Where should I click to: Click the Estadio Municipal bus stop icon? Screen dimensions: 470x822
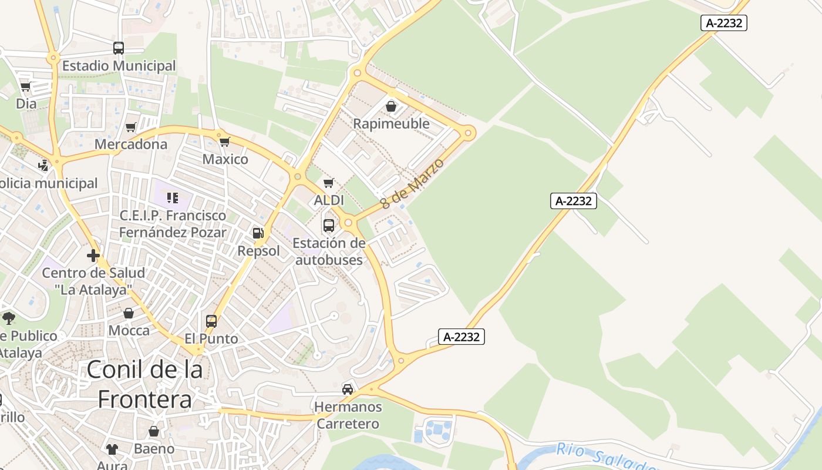point(119,48)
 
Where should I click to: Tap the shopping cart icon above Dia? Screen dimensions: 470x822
point(25,87)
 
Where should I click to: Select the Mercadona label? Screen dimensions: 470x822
point(131,144)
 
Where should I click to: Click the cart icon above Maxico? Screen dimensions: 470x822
point(224,142)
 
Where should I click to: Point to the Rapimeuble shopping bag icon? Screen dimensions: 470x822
point(391,106)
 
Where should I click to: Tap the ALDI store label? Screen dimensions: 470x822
point(329,200)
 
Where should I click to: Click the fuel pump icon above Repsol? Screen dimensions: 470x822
point(257,233)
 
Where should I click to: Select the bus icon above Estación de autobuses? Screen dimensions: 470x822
point(329,225)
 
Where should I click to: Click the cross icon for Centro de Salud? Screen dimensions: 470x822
point(93,256)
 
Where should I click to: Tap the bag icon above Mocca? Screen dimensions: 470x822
point(129,313)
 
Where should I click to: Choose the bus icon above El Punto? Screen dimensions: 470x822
point(211,321)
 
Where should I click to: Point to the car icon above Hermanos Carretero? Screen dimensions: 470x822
point(348,389)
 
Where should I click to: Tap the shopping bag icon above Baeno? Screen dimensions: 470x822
point(154,432)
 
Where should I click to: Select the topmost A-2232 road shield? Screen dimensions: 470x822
point(723,23)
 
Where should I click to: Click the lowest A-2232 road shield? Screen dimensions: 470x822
point(461,337)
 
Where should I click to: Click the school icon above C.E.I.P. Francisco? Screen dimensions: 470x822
point(172,197)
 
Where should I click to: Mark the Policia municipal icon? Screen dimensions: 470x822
point(43,166)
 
